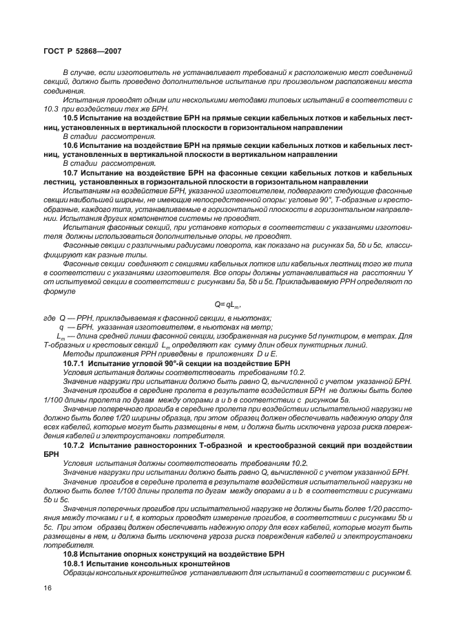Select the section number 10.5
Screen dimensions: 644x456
tap(72, 118)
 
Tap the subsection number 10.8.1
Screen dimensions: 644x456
tap(77, 563)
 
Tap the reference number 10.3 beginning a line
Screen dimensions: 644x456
tap(52, 109)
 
